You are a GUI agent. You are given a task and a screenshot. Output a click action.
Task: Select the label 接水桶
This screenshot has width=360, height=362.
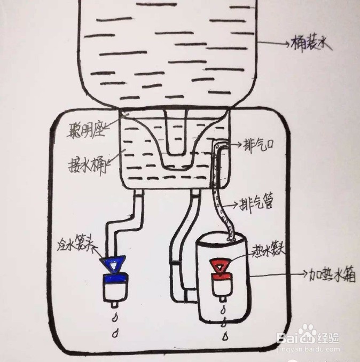89,162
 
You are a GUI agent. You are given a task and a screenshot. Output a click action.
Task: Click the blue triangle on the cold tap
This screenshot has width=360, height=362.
113,263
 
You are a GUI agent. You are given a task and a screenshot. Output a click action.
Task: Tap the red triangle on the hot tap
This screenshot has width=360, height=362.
220,265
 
